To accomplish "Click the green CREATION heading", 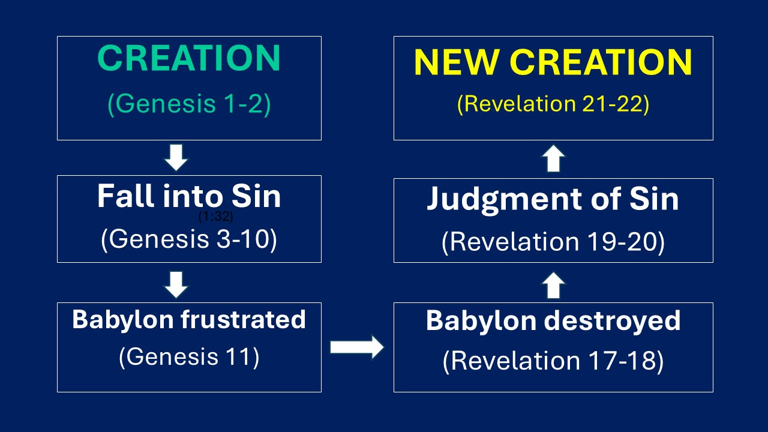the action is pyautogui.click(x=188, y=59).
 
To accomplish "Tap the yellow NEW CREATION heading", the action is pyautogui.click(x=553, y=62).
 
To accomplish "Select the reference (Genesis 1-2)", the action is pyautogui.click(x=188, y=104).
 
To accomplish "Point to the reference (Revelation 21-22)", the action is pyautogui.click(x=553, y=104).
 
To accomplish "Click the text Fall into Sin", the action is pyautogui.click(x=188, y=196).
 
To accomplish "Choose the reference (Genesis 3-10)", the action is pyautogui.click(x=188, y=239).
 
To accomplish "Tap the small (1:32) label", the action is pyautogui.click(x=215, y=217).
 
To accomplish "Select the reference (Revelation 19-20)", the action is pyautogui.click(x=553, y=242).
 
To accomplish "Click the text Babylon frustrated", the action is pyautogui.click(x=188, y=320).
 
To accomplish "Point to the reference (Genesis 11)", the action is pyautogui.click(x=188, y=358).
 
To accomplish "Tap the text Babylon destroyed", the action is pyautogui.click(x=553, y=321).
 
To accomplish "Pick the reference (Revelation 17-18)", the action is pyautogui.click(x=553, y=361).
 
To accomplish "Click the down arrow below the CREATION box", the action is pyautogui.click(x=176, y=158).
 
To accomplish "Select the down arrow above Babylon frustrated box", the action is pyautogui.click(x=176, y=284).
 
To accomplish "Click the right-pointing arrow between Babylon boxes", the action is pyautogui.click(x=357, y=346).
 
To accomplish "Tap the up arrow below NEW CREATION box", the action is pyautogui.click(x=553, y=160).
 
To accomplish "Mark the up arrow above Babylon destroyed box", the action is pyautogui.click(x=553, y=286).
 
